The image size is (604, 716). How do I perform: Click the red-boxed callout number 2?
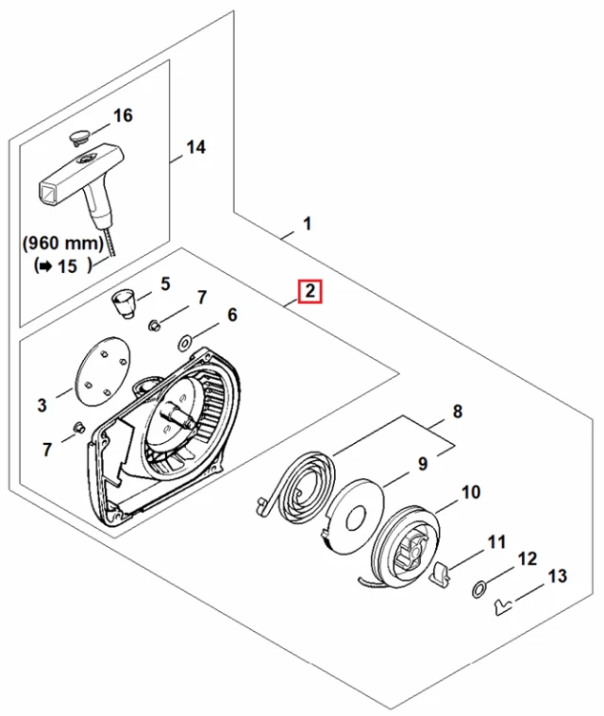[x=310, y=291]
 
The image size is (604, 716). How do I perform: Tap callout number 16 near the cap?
[x=122, y=116]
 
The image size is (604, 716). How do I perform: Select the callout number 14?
[x=196, y=147]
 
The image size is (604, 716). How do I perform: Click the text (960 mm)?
[x=64, y=242]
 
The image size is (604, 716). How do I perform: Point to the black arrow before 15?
[x=45, y=266]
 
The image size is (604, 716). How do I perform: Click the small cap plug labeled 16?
[x=79, y=137]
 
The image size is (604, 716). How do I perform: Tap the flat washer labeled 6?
[x=185, y=344]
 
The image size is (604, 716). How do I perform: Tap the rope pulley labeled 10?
[x=406, y=549]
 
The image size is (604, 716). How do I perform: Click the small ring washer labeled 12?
[x=478, y=590]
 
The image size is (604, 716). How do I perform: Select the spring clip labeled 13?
[x=502, y=608]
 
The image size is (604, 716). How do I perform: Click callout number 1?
[x=307, y=223]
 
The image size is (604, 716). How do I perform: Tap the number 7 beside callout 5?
[x=201, y=298]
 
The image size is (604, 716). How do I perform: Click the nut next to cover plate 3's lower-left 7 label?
[x=79, y=428]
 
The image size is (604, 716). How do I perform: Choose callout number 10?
[x=471, y=493]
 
